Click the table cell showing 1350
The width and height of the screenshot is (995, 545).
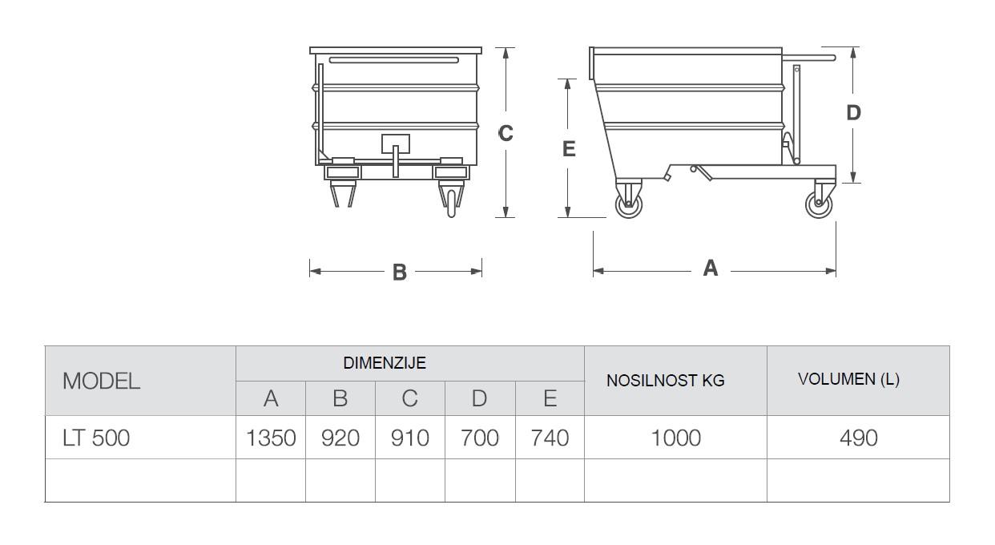pos(271,438)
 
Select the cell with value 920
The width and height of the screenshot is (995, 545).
pos(340,438)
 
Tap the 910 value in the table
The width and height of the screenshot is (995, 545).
pos(410,438)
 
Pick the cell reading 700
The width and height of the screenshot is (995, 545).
pos(480,438)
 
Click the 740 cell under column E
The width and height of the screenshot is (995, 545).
pos(550,438)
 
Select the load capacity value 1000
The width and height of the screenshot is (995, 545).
pos(675,438)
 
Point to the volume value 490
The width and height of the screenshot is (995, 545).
pos(858,438)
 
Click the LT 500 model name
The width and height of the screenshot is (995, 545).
pos(96,438)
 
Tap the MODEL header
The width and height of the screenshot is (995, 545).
pos(101,381)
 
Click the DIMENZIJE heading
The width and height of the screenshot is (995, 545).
pos(385,363)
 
